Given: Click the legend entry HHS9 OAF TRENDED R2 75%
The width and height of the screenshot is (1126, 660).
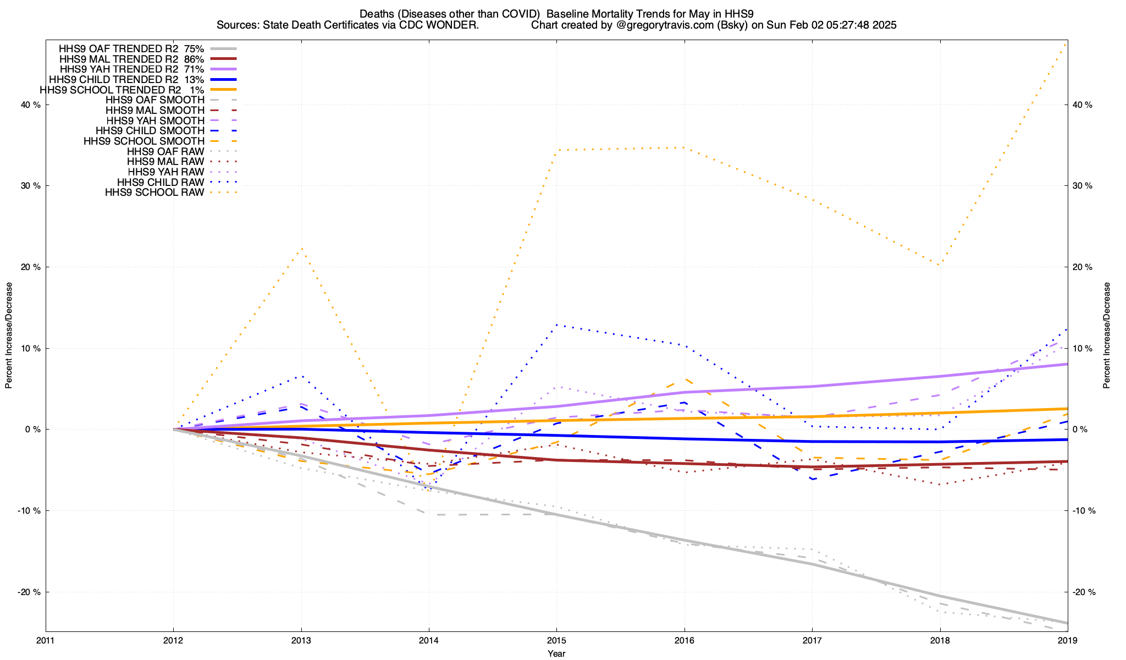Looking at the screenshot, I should (131, 48).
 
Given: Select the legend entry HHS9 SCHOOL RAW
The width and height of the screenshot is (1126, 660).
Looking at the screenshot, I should (154, 193).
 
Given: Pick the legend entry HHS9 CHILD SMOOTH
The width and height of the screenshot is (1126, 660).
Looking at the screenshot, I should (150, 131).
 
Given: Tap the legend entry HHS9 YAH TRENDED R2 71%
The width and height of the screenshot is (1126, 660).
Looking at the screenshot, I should (131, 69).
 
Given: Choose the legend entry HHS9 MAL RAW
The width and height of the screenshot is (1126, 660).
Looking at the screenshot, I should (165, 162).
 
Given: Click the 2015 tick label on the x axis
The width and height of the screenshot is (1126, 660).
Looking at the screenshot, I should (556, 641).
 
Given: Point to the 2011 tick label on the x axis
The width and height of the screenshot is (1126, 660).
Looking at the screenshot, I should (46, 641).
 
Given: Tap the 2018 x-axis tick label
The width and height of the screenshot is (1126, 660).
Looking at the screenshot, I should (940, 641).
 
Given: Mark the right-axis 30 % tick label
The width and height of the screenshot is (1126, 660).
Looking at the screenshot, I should (1081, 186).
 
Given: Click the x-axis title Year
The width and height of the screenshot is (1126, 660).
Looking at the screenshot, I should (556, 653).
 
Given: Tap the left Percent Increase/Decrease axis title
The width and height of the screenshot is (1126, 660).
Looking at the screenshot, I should (9, 335).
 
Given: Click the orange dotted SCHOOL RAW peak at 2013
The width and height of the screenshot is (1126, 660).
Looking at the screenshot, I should (301, 249).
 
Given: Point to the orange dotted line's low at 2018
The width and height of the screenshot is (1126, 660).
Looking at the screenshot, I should (940, 265).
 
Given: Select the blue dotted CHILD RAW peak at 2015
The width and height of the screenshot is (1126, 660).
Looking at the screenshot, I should (556, 324).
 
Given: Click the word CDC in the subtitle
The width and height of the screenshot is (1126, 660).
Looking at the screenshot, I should (421, 25).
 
